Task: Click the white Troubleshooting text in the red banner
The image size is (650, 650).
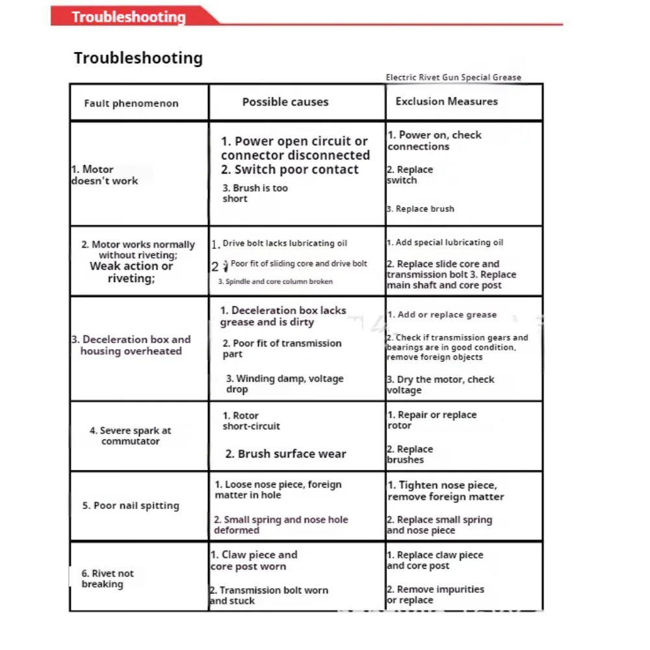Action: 128,17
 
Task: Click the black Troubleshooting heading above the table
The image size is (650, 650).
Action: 138,58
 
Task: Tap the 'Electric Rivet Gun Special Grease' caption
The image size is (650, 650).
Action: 453,77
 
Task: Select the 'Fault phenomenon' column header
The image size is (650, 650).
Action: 131,103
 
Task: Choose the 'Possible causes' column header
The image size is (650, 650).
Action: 285,102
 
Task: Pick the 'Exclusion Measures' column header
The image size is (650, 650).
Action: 447,101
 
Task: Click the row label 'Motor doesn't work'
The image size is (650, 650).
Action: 104,175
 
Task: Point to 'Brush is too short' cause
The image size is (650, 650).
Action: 255,193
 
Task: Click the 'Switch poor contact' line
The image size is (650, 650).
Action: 289,170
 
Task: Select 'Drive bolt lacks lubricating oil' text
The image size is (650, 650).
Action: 285,243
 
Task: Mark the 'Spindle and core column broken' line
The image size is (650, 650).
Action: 275,281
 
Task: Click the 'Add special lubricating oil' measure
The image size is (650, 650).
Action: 445,242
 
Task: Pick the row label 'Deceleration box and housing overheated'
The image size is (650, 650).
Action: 131,345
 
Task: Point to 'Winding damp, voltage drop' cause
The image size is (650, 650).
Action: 284,383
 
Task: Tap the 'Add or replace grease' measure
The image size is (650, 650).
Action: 442,315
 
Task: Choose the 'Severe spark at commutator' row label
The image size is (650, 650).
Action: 130,435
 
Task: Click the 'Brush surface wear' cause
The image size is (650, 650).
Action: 285,454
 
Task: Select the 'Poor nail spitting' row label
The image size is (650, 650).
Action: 130,506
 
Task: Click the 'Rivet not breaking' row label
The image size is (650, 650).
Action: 107,578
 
